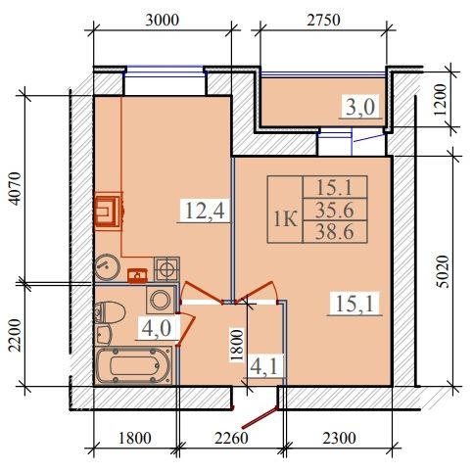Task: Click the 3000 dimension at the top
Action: (163, 21)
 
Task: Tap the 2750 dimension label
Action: (323, 21)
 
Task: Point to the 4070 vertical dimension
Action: (16, 189)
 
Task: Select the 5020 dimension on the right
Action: (443, 271)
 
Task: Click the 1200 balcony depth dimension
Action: (440, 100)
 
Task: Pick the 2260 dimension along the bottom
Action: (231, 438)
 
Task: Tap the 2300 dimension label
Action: (339, 438)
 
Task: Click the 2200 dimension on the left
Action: (15, 336)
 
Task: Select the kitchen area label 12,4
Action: (205, 211)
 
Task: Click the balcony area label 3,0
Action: (360, 107)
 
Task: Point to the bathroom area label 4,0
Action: (157, 328)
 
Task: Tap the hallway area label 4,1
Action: (264, 366)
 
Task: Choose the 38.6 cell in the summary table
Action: (335, 232)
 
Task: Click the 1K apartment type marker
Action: (285, 219)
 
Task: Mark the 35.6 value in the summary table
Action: (335, 211)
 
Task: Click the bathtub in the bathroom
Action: (133, 366)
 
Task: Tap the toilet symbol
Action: (110, 312)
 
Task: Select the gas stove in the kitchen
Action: (166, 269)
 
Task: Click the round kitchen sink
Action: (107, 267)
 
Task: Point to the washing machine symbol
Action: (161, 301)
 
